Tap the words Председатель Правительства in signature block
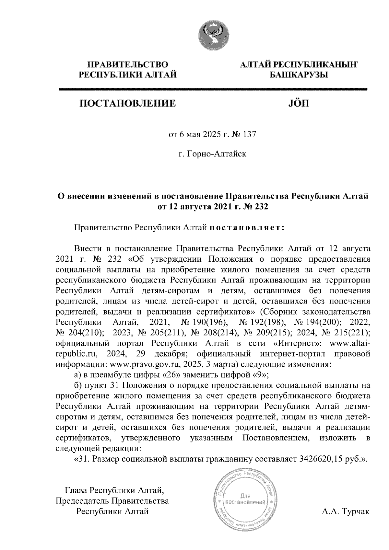(x=112, y=501)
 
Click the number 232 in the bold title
(x=262, y=207)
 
